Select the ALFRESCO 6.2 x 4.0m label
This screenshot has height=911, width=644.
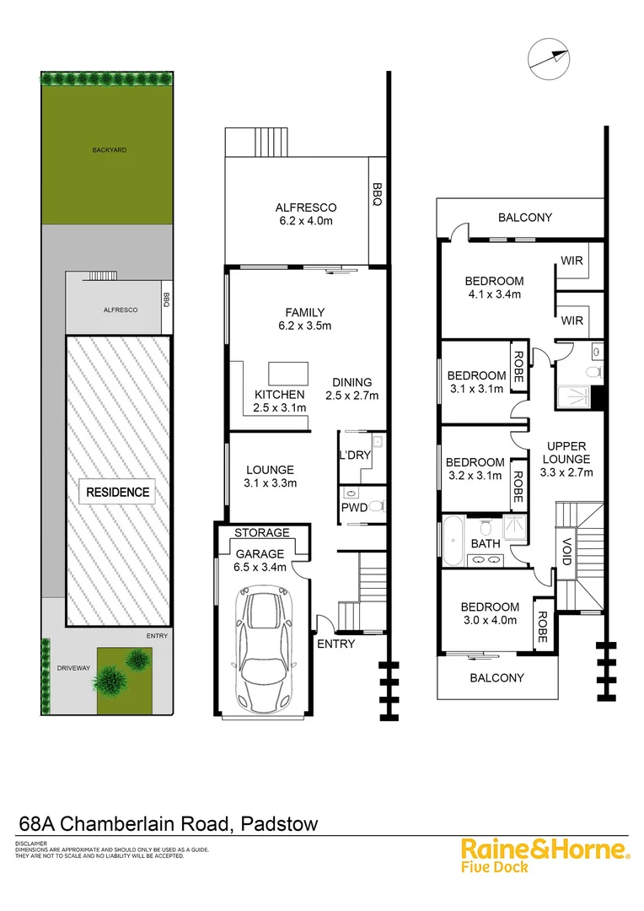coord(306,214)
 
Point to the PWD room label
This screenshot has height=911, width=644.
coord(352,508)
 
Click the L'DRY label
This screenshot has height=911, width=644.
coord(354,455)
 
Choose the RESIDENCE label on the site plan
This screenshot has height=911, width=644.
coord(118,492)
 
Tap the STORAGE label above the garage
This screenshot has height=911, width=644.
coord(261,532)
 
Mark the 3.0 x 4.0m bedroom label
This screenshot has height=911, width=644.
coord(490,613)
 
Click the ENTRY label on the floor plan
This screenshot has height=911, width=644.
coord(336,644)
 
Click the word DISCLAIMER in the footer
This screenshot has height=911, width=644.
coord(31,844)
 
